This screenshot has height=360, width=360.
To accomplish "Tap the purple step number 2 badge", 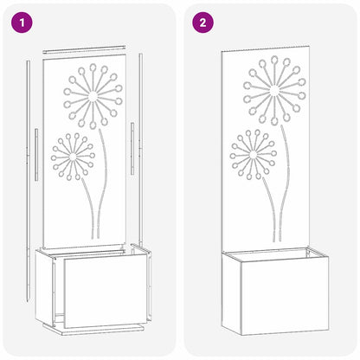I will [202, 22].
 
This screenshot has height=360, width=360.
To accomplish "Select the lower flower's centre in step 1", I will [73, 154].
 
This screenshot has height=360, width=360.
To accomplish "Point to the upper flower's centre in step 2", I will [274, 90].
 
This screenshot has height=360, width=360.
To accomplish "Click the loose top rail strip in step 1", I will [90, 48].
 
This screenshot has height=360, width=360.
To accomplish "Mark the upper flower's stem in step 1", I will [104, 173].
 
